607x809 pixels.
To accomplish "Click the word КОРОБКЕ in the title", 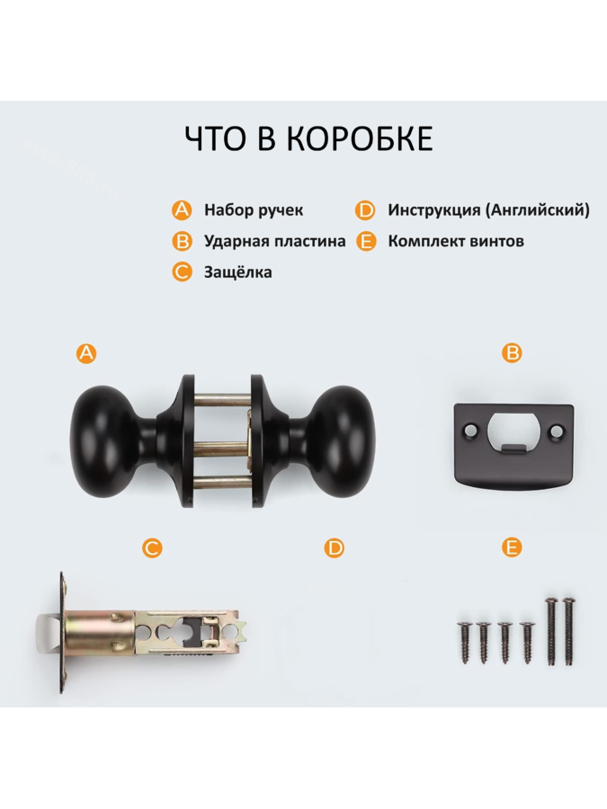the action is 358,138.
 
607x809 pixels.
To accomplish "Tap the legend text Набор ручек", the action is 254,210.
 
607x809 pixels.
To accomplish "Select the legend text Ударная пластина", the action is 274,241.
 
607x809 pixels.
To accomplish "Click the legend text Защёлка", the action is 238,271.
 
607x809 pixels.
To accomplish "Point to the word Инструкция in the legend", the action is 434,210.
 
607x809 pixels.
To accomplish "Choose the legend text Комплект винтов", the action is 456,241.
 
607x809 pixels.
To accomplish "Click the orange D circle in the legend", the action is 365,210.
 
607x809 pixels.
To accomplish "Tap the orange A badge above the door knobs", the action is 86,353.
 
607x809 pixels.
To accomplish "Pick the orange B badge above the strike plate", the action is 512,353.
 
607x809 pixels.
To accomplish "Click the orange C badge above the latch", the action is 152,547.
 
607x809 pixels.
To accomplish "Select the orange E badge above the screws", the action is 512,547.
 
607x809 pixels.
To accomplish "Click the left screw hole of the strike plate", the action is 470,430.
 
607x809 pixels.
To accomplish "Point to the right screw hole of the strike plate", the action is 556,430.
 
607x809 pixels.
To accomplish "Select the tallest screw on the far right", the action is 568,633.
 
